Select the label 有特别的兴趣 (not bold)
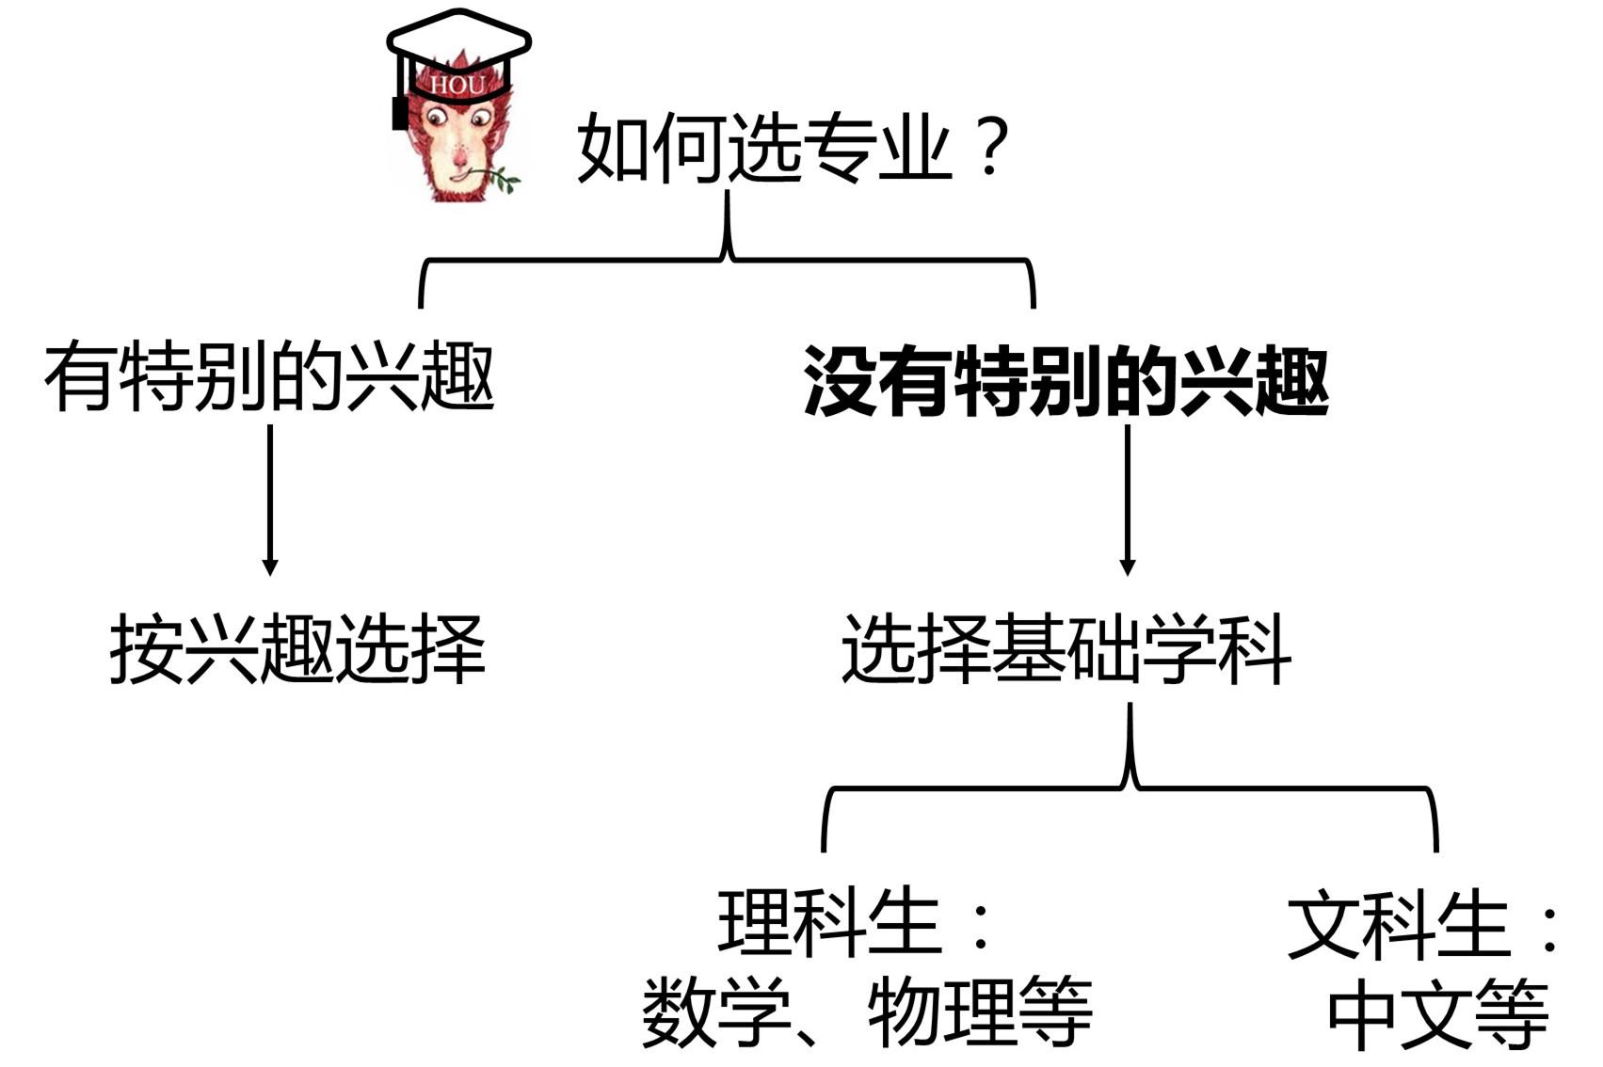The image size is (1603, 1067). [x=269, y=378]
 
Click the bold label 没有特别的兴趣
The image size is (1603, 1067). [x=1066, y=381]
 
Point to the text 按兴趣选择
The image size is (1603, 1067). [x=297, y=649]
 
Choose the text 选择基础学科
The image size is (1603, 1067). [x=1066, y=649]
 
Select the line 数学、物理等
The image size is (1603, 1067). [x=866, y=1012]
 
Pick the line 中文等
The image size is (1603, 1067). [x=1437, y=1014]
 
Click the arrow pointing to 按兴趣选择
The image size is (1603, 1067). [x=270, y=499]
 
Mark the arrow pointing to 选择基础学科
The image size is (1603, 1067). [x=1127, y=499]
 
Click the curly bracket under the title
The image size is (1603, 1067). [x=727, y=258]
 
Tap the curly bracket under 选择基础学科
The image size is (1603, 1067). [x=1130, y=787]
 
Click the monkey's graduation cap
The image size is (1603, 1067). [x=458, y=42]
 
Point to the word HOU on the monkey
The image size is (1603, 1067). [x=457, y=86]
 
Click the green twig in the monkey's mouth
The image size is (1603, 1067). [x=499, y=177]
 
